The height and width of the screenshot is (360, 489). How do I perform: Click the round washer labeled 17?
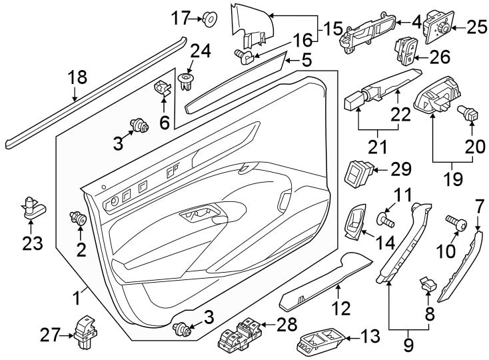(x=209, y=18)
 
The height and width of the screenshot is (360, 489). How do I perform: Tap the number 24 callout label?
(x=200, y=51)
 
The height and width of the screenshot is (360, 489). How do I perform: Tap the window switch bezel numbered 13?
(x=320, y=342)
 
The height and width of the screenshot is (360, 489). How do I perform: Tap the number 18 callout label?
(x=77, y=77)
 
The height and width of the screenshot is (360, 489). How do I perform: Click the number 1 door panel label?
(x=79, y=295)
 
